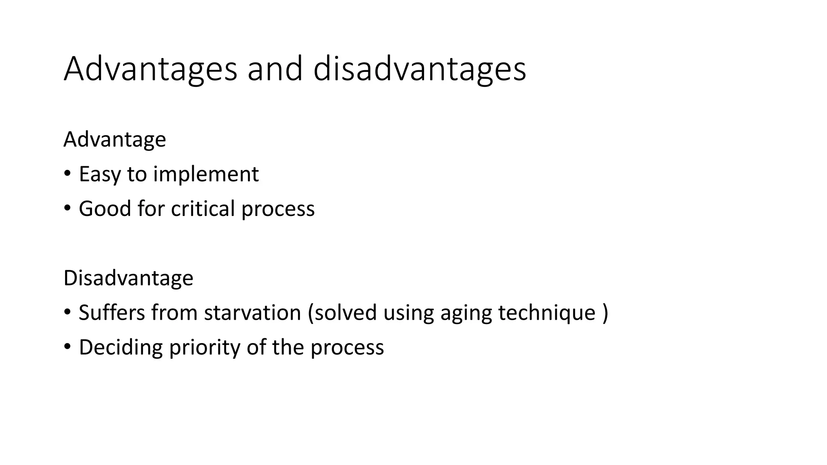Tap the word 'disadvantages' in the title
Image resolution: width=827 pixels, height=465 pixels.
(420, 69)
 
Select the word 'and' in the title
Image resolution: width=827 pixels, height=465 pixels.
(275, 69)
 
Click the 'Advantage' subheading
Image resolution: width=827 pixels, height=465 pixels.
(115, 140)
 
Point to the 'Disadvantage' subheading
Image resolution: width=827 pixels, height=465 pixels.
(128, 278)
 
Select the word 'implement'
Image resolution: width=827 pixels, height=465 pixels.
(206, 174)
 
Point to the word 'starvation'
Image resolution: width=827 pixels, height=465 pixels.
(253, 313)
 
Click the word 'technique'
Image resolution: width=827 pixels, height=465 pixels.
(547, 313)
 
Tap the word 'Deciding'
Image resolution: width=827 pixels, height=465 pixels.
(121, 348)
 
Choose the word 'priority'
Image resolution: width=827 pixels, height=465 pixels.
(205, 348)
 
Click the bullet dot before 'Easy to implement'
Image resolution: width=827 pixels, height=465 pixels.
(67, 174)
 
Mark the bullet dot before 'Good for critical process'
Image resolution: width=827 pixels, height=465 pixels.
(67, 209)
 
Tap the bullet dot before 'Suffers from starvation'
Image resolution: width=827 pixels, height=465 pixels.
(67, 313)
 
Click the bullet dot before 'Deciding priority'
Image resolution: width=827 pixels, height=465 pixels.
(67, 347)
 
